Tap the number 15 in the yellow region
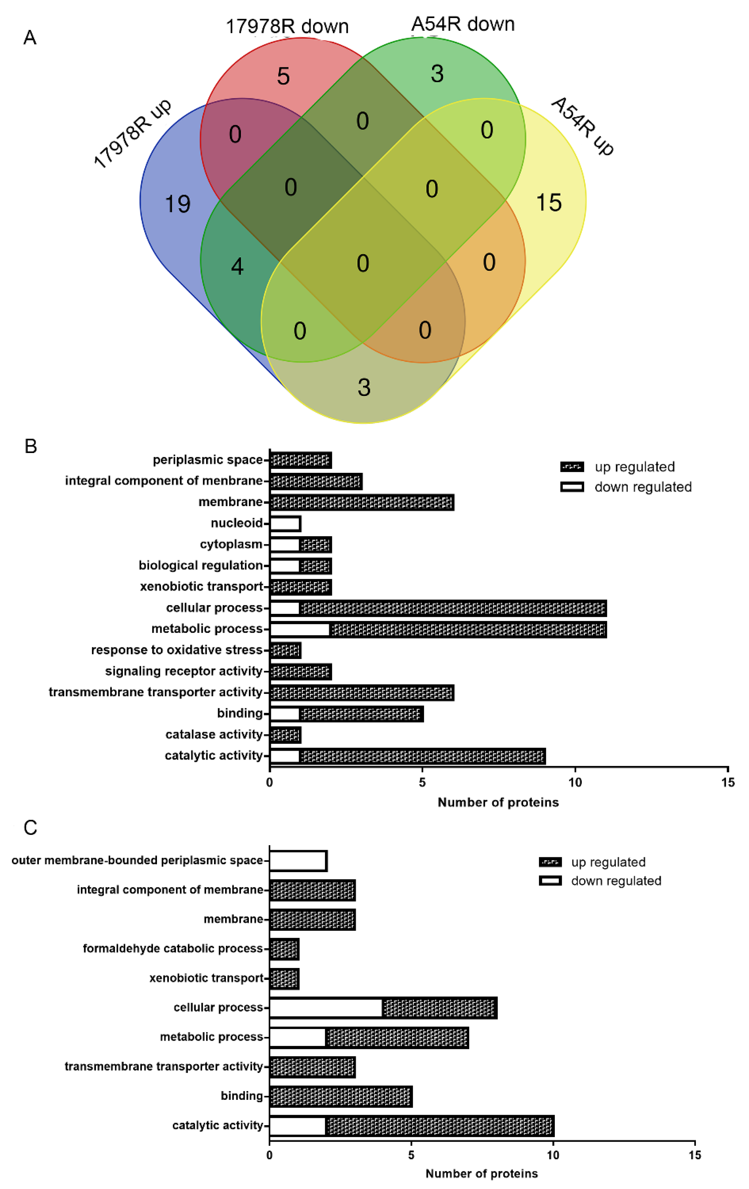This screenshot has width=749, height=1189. click(548, 202)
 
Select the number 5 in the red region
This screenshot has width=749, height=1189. click(283, 76)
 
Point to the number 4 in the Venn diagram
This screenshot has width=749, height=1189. click(237, 266)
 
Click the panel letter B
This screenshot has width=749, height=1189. click(31, 446)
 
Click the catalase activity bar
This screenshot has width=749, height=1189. click(285, 735)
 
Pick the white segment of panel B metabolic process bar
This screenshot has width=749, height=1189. click(300, 629)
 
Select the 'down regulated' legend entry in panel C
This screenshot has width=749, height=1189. click(616, 881)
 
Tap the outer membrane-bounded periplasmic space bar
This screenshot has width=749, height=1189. click(298, 861)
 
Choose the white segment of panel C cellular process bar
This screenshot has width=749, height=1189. click(326, 1008)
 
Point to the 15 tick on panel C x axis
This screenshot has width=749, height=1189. click(694, 1155)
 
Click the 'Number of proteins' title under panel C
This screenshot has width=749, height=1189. click(482, 1174)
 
